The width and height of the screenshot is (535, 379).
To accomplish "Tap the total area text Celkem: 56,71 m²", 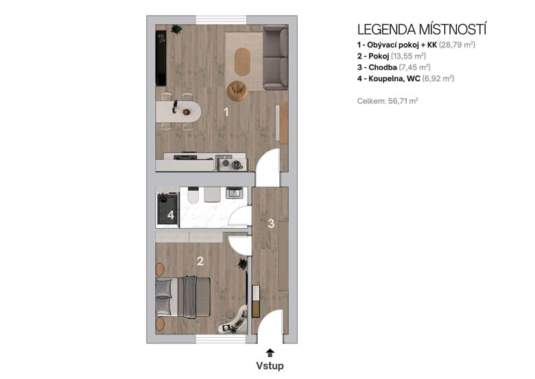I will tap(388, 100).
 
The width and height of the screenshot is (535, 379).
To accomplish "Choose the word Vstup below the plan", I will tap(269, 366).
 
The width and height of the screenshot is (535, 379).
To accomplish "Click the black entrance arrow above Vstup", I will tap(269, 352).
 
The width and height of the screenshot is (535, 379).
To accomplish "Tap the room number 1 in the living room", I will tap(226, 112).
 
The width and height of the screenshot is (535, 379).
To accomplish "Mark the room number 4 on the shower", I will tap(170, 216).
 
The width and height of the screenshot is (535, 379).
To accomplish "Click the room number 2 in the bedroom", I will tap(200, 261).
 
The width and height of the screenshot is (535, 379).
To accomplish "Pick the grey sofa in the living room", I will tap(275, 60).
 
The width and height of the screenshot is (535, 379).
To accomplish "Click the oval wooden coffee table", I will tap(243, 61).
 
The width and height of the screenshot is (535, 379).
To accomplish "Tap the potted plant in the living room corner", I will tap(176, 30).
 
